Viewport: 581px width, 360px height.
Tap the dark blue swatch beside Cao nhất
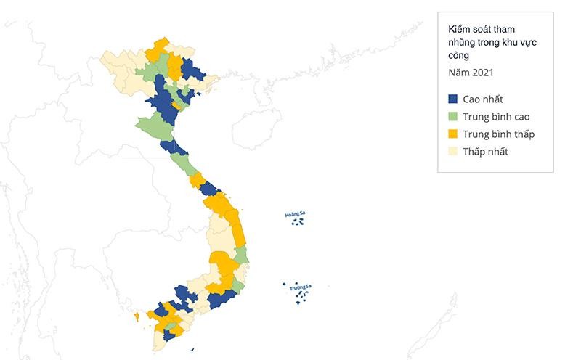452,99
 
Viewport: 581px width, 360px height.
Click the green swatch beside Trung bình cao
452,116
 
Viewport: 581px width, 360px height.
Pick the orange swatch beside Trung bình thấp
452,134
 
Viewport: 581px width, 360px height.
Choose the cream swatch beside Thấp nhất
452,151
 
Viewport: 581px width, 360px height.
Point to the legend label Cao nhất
483,99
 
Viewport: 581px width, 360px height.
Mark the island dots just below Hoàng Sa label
297,221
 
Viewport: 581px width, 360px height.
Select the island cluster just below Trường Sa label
301,297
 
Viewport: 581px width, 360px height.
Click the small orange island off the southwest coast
136,316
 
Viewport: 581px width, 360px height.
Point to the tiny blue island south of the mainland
192,349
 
